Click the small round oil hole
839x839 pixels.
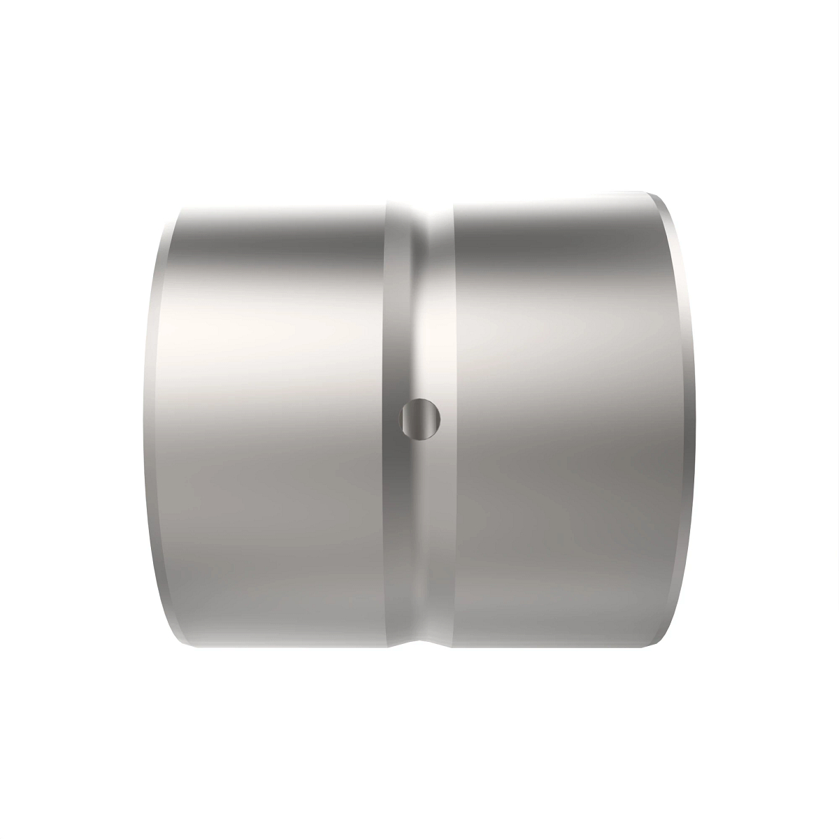coord(420,419)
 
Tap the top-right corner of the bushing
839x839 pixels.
coord(650,191)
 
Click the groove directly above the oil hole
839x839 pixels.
coord(419,315)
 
